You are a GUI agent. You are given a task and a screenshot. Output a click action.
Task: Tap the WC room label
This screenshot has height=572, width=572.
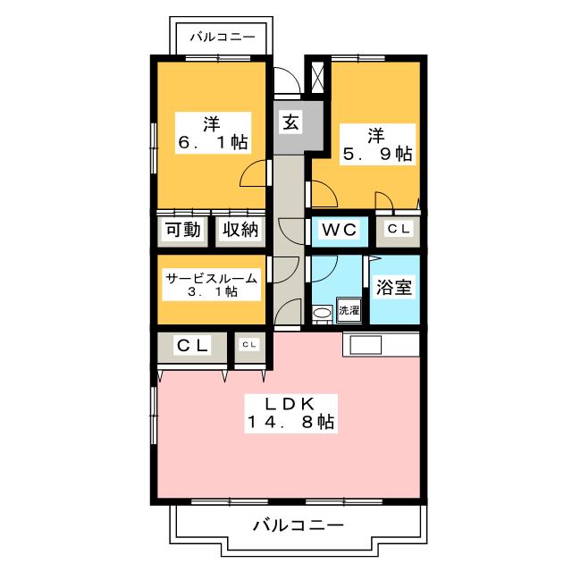point(340,230)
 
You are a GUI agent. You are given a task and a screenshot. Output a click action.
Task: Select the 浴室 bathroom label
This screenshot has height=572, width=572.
point(393,290)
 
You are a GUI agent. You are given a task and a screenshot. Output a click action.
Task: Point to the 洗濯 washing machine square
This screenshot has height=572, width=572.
point(349,311)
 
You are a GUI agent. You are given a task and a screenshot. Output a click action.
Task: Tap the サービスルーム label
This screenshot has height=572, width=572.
point(212,277)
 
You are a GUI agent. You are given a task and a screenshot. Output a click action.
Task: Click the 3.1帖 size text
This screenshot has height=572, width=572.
point(212,291)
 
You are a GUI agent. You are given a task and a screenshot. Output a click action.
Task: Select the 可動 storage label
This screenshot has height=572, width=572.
point(182,230)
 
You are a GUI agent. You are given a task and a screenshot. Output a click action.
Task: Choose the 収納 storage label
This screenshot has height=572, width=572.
point(240,230)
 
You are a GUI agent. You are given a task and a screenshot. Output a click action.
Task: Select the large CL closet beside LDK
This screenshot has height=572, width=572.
point(192,345)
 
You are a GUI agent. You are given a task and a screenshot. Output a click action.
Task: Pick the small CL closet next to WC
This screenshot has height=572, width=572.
point(399,230)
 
